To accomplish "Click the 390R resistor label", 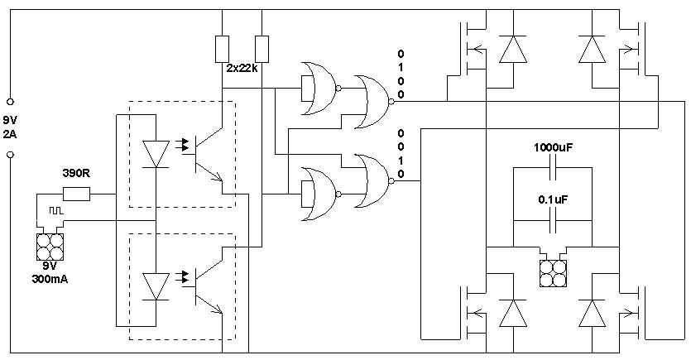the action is click(x=75, y=173).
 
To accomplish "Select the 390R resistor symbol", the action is click(x=77, y=194).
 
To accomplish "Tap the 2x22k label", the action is click(x=242, y=69).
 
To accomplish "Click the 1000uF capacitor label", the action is click(x=553, y=147).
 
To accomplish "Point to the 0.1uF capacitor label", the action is click(x=553, y=199).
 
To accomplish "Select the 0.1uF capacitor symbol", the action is click(x=553, y=220).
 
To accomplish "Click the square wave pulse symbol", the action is click(x=56, y=211).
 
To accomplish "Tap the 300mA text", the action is click(x=50, y=279).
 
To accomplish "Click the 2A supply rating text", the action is click(x=10, y=134).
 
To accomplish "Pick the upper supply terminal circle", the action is click(x=10, y=102).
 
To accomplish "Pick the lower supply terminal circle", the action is click(x=10, y=155).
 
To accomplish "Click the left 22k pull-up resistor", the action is click(x=222, y=49).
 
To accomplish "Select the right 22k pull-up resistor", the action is click(x=262, y=49).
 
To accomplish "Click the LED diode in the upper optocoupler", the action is click(x=156, y=154).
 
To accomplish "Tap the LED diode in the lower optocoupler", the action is click(x=156, y=286).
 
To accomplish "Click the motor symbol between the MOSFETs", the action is click(x=553, y=273).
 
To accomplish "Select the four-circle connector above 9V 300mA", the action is click(x=50, y=247).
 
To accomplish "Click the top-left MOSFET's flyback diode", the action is click(x=513, y=49).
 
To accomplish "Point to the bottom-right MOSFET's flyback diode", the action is click(x=593, y=314).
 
